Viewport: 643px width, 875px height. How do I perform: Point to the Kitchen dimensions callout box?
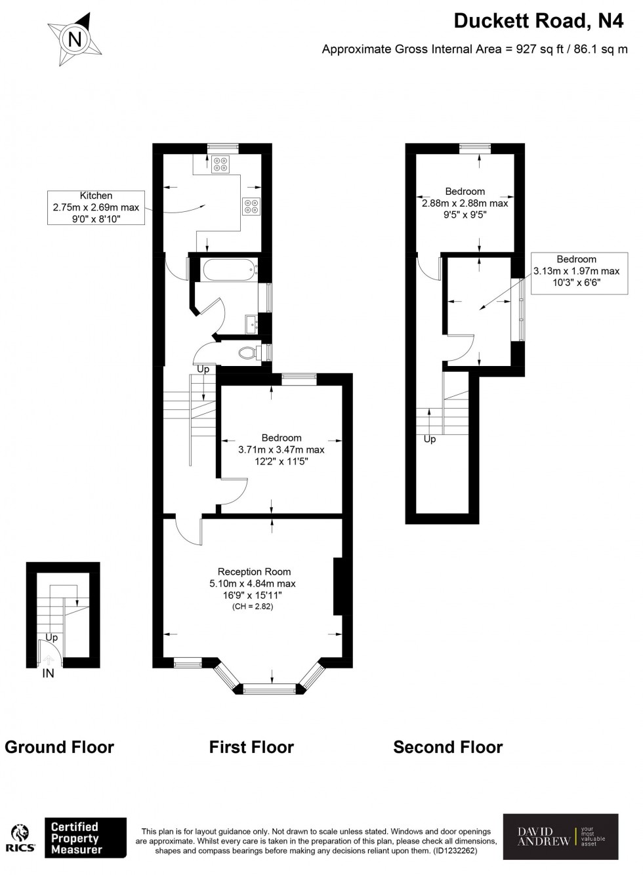point(96,207)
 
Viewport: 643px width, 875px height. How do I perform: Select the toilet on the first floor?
point(247,353)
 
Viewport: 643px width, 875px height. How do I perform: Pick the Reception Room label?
point(254,571)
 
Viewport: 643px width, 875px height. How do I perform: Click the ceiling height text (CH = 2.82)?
point(253,607)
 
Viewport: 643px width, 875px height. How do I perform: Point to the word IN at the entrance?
point(48,674)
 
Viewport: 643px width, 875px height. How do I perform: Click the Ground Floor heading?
point(59,747)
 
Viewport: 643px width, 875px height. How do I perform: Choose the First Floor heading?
point(251,747)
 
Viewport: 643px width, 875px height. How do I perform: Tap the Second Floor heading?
point(447,747)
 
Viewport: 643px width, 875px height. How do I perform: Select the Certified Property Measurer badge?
point(85,838)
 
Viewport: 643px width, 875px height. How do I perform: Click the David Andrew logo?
point(560,836)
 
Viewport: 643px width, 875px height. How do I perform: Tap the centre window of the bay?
point(271,688)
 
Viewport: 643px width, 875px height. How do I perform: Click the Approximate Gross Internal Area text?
point(474,49)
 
